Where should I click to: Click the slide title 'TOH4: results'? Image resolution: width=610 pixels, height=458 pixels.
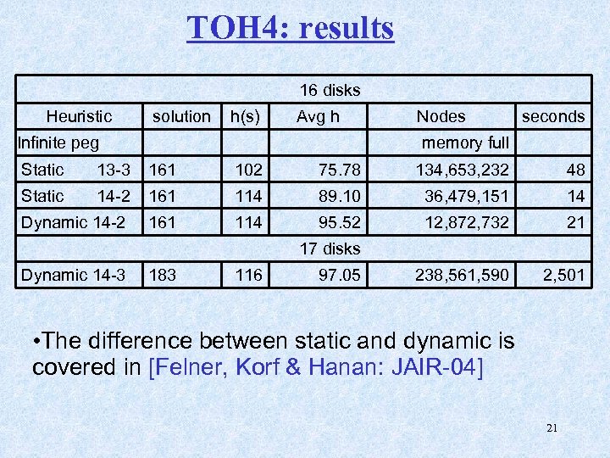[291, 28]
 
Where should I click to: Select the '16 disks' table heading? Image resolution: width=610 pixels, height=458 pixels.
[330, 90]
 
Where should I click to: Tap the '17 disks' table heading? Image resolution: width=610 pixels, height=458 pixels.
[330, 249]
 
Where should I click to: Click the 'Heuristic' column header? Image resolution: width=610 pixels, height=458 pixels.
[79, 116]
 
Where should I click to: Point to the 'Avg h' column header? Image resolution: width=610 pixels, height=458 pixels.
[318, 116]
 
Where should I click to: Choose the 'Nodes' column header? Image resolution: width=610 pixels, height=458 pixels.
[441, 116]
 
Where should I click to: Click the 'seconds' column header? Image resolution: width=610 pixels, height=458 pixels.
[553, 116]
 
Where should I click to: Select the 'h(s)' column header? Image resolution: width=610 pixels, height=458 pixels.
[246, 116]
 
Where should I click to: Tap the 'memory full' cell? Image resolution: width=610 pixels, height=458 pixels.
[465, 142]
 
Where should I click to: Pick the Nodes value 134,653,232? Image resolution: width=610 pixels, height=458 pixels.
[462, 170]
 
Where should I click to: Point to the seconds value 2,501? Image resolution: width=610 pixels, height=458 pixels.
[564, 275]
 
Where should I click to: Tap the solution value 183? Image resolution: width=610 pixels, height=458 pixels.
[163, 275]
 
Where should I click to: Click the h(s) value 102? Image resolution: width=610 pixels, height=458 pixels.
[249, 170]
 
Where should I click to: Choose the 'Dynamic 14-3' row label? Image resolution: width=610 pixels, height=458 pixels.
[73, 275]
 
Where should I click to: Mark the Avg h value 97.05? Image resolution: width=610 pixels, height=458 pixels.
[339, 275]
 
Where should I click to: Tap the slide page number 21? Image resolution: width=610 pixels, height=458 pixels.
[552, 427]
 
